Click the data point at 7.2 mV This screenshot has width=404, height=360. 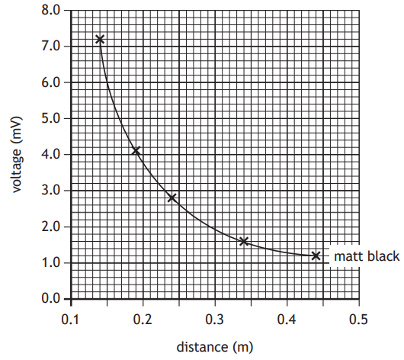click(99, 39)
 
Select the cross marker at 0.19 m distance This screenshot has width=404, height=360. click(136, 151)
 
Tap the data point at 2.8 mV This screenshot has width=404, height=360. click(172, 198)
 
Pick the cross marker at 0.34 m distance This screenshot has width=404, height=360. click(244, 241)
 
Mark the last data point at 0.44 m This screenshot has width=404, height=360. click(316, 256)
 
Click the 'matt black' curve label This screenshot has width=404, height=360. click(367, 256)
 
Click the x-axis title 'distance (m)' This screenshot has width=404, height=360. click(214, 346)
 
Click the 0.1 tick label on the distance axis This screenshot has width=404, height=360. click(70, 317)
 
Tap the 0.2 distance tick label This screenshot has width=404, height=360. click(143, 317)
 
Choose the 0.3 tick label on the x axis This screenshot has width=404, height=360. click(215, 317)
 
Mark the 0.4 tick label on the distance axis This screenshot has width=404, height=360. click(287, 317)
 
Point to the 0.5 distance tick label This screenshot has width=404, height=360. click(359, 317)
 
